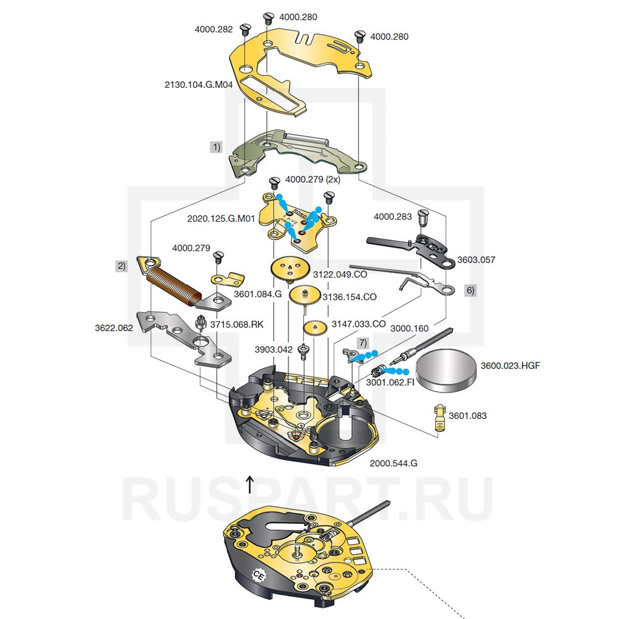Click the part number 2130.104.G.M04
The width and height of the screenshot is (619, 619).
click(x=198, y=85)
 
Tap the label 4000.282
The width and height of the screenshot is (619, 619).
click(x=214, y=29)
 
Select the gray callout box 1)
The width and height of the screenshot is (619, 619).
click(x=215, y=147)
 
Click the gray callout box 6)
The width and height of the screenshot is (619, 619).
click(x=470, y=290)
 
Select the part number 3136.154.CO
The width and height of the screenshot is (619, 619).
click(x=353, y=297)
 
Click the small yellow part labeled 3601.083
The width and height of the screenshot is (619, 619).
click(x=439, y=417)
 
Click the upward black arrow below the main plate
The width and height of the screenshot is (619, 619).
click(x=249, y=484)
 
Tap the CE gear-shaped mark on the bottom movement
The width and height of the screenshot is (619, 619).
click(x=260, y=576)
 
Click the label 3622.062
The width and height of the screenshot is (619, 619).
click(x=114, y=328)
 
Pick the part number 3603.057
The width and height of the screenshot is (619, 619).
click(x=476, y=260)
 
